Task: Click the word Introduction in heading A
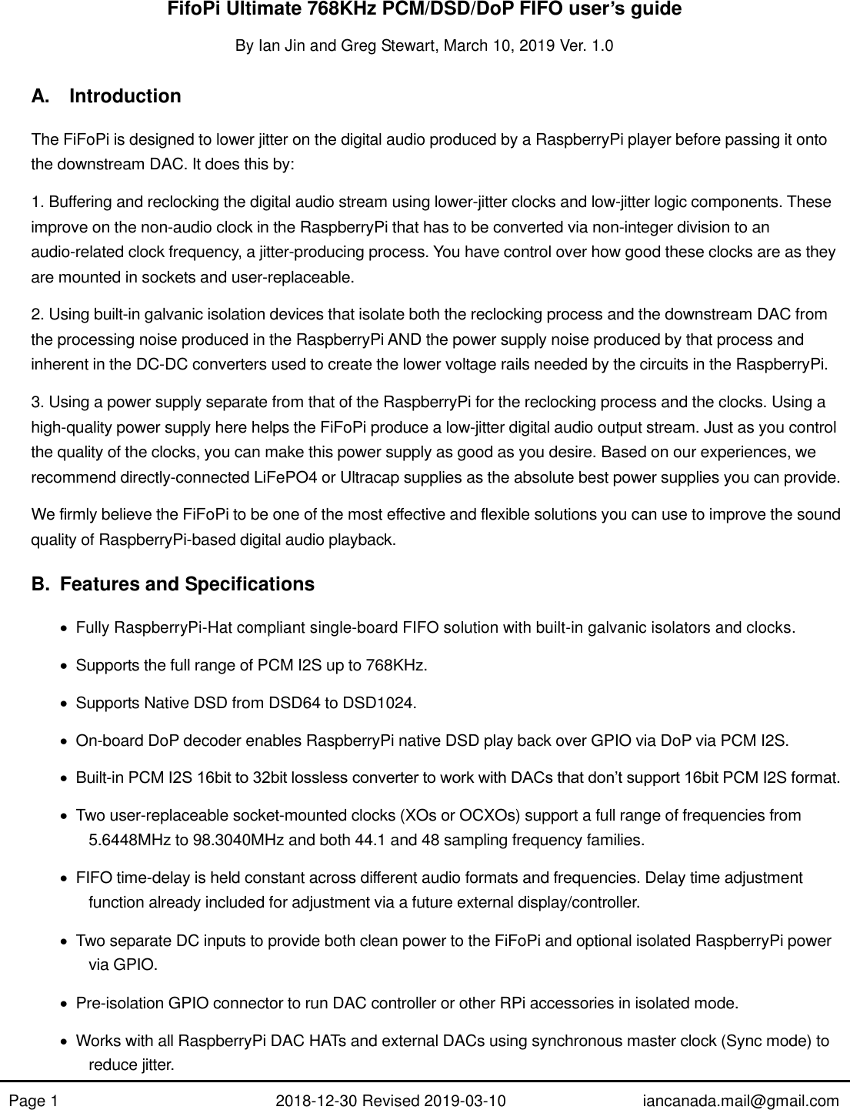pyautogui.click(x=125, y=97)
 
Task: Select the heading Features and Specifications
pyautogui.click(x=187, y=585)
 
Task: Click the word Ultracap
pyautogui.click(x=362, y=478)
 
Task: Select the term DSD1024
pyautogui.click(x=388, y=704)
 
